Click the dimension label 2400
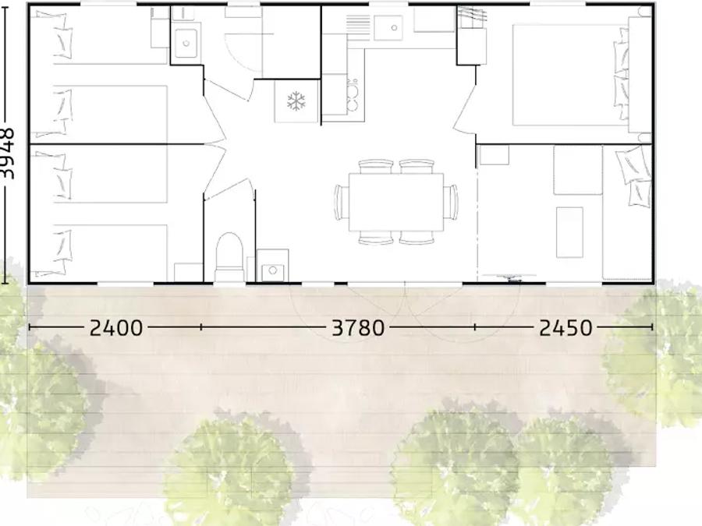click(x=116, y=328)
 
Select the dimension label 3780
click(x=358, y=328)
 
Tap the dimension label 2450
click(x=565, y=328)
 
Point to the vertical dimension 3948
click(x=7, y=154)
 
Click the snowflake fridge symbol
click(x=296, y=101)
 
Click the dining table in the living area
click(x=396, y=202)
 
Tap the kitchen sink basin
click(x=388, y=28)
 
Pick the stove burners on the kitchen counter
click(x=353, y=94)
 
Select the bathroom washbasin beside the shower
click(x=186, y=43)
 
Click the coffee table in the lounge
click(x=569, y=232)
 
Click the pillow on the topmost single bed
click(x=63, y=37)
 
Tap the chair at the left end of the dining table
click(x=342, y=202)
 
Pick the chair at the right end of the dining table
click(x=451, y=202)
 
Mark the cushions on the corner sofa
click(x=634, y=176)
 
